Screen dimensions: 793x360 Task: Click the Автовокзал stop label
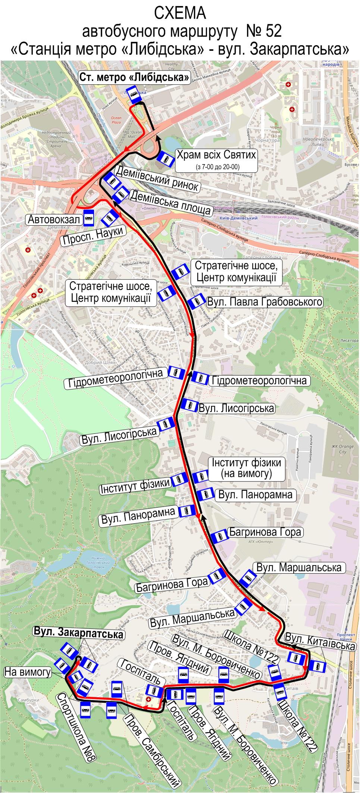click(x=54, y=220)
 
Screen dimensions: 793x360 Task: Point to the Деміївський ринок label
click(x=158, y=179)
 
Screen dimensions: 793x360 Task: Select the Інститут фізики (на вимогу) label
click(x=246, y=468)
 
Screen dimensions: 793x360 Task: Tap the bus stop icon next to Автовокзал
click(x=88, y=218)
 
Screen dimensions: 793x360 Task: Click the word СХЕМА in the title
click(x=180, y=14)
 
